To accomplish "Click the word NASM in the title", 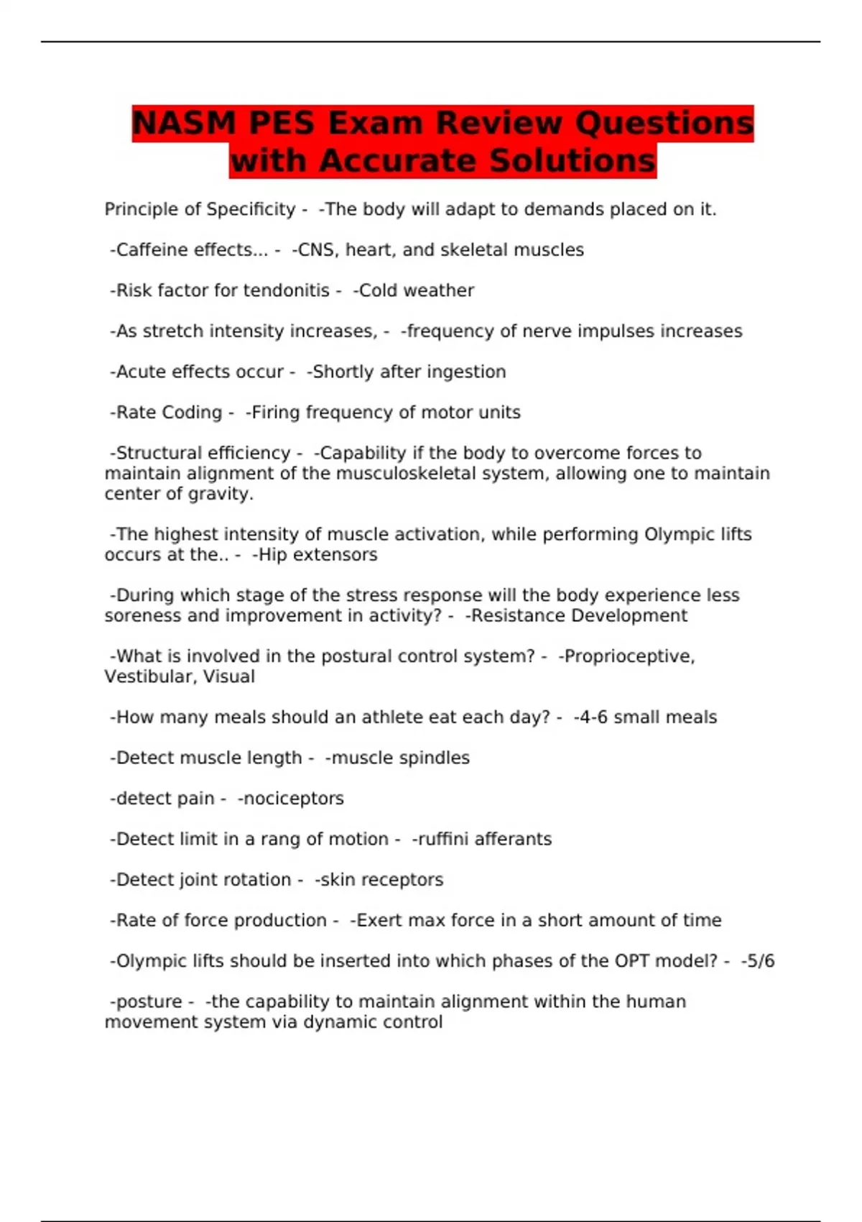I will coord(184,123).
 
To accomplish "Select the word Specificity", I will coord(251,209).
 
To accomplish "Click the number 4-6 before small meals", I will coord(590,717).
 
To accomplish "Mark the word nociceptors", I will coord(293,799).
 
